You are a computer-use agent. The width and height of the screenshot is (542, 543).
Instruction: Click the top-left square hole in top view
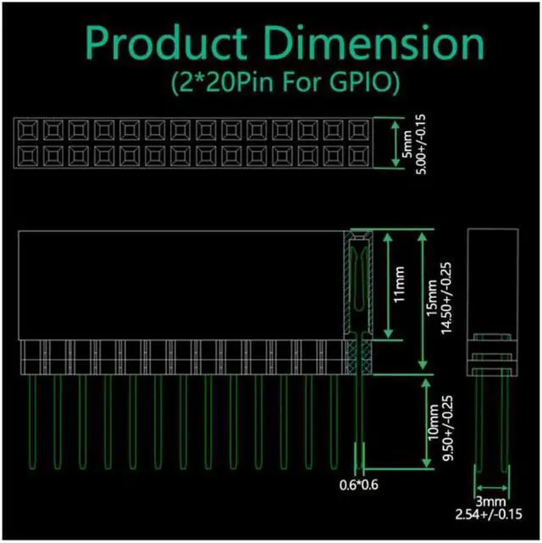tap(26, 130)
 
